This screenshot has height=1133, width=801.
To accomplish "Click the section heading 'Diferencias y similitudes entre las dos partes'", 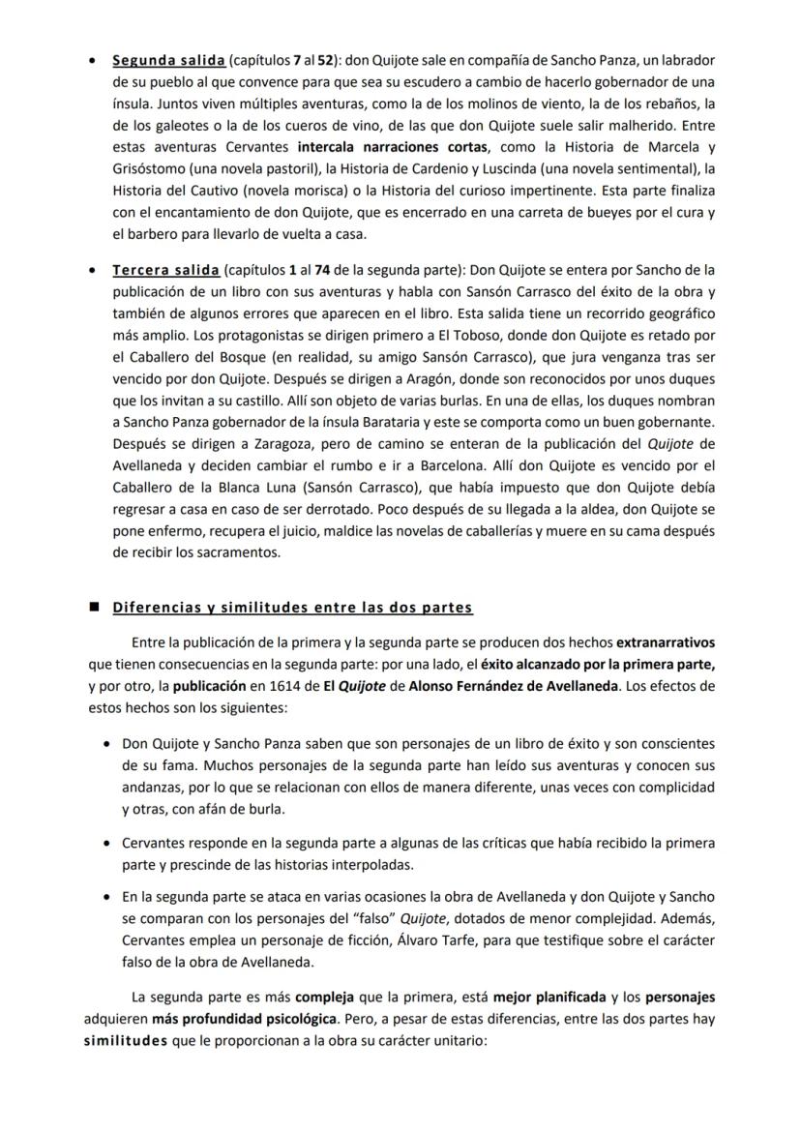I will pyautogui.click(x=292, y=608).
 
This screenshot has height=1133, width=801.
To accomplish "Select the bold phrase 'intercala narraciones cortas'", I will pyautogui.click(x=375, y=148).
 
